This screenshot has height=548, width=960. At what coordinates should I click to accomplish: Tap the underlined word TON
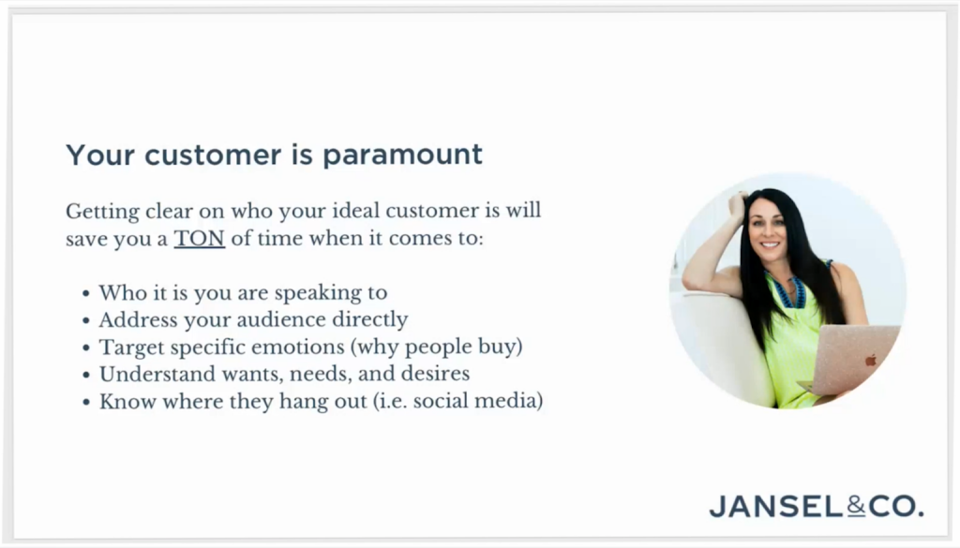coord(199,238)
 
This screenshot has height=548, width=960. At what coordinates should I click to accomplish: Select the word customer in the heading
coord(213,156)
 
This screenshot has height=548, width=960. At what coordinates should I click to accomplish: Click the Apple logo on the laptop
coord(871,361)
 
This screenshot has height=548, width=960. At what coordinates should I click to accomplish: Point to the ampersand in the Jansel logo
coord(856,506)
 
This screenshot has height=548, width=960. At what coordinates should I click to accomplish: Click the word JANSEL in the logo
coord(777,507)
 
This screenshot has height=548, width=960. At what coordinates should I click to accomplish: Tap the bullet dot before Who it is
coord(85,294)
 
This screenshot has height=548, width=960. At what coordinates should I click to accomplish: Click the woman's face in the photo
coord(768,230)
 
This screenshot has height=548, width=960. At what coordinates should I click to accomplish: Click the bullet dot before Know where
coord(85,403)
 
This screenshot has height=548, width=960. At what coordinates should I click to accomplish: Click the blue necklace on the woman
coord(791,289)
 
